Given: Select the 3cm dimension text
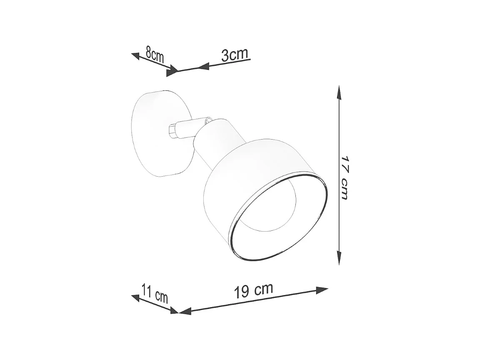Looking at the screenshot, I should pos(235,55).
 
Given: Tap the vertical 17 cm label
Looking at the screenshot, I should pos(345,177).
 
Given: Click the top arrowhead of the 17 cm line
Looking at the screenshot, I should pos(340,92).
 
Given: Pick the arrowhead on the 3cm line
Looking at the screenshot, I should pos(203,66).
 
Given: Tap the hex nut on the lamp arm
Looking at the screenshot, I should pos(172,130).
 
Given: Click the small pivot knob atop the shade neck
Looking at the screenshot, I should pos(208,120).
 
